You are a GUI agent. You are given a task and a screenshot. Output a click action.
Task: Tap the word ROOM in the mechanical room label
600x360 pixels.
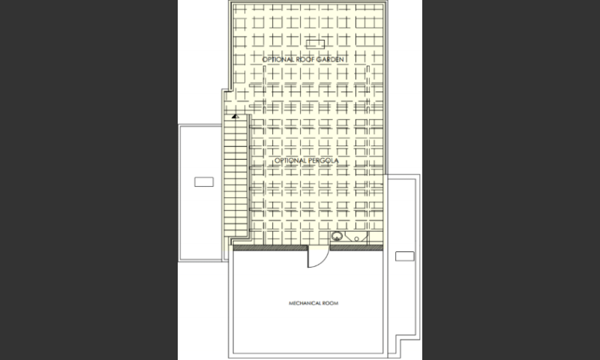pos(331,304)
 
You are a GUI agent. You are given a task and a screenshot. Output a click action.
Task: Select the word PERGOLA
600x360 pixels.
pos(322,160)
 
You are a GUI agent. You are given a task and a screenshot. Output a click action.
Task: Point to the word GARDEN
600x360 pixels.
pos(329,59)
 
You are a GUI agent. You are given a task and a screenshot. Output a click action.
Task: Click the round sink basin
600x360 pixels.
pos(337,236)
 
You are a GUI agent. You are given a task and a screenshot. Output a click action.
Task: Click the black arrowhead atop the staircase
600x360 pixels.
pos(235,116)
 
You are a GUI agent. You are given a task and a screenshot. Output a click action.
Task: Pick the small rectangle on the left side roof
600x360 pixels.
pos(204,181)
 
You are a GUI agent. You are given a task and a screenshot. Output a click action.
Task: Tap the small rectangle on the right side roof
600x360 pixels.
pos(404,256)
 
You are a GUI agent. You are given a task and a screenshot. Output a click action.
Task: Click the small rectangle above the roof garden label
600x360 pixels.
pos(315,44)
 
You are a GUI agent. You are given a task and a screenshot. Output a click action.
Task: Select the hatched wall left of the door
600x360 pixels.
pos(270,248)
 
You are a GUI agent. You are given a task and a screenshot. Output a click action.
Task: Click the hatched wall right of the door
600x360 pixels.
pos(356,248)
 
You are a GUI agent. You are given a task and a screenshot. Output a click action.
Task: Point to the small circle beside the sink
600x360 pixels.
pos(357,238)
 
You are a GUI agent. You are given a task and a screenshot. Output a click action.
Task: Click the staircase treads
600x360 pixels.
pos(235,176)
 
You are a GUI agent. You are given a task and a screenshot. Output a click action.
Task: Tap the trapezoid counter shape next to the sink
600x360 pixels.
pos(356,236)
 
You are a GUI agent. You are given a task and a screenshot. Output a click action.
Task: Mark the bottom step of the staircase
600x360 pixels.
pos(235,233)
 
